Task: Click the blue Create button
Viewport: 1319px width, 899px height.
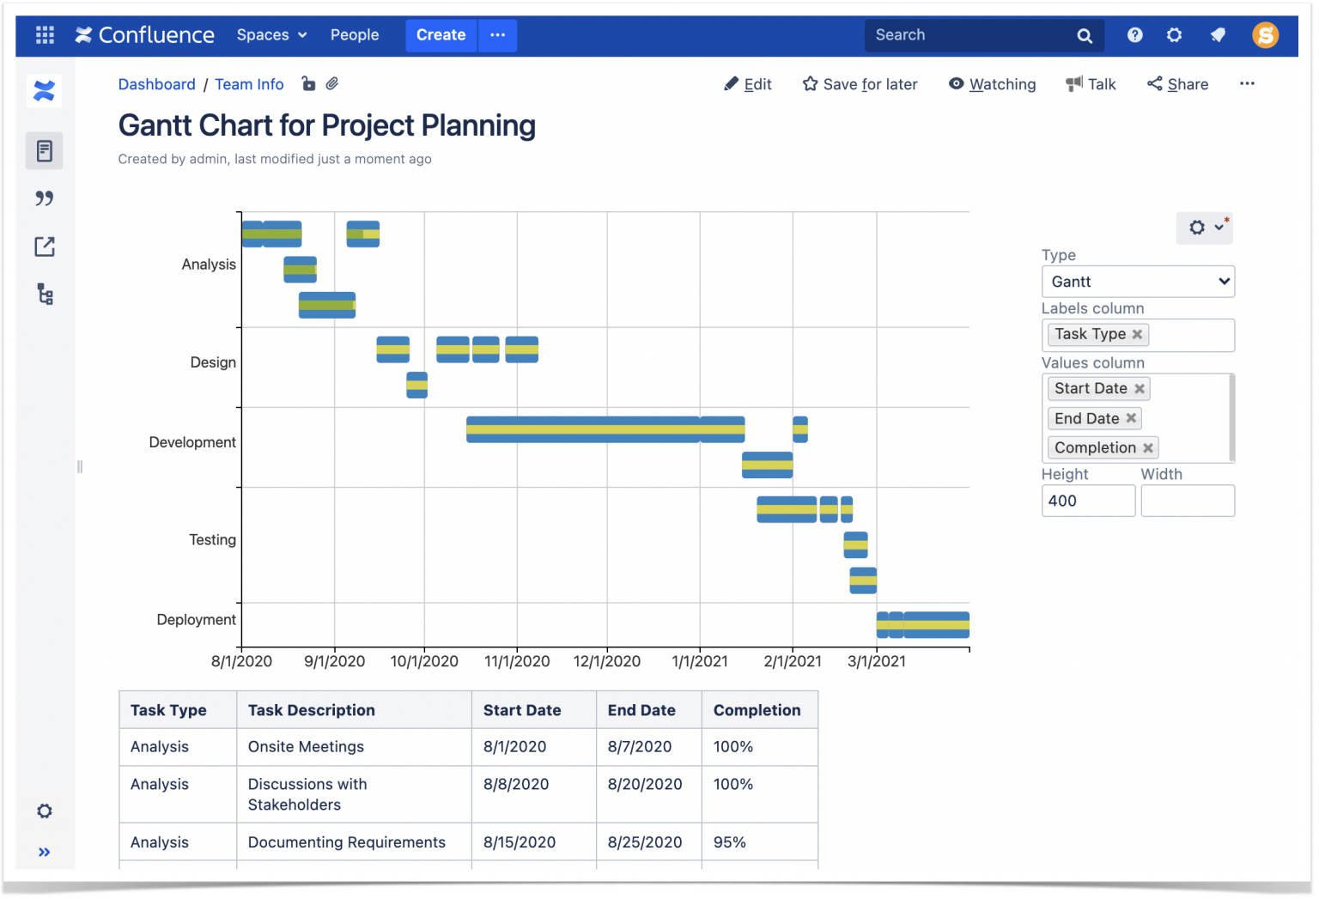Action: tap(441, 35)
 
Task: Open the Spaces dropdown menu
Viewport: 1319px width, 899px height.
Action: tap(271, 35)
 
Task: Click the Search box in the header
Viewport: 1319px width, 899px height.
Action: tap(970, 35)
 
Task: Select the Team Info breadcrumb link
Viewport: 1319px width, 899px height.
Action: tap(249, 84)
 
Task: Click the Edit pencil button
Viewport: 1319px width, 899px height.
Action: tap(748, 84)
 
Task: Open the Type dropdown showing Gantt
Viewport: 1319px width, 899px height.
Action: tap(1138, 282)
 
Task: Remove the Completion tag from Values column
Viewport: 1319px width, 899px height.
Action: tap(1148, 448)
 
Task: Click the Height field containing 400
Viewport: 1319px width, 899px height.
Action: tap(1087, 501)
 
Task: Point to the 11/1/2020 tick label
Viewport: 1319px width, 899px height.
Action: tap(517, 661)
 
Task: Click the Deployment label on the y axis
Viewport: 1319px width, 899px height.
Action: tap(196, 620)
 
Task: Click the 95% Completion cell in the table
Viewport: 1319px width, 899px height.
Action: tap(730, 842)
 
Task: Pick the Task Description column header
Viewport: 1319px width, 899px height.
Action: tap(312, 710)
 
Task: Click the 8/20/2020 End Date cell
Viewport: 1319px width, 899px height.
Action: tap(645, 784)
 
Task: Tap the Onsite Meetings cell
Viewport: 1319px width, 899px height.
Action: tap(306, 747)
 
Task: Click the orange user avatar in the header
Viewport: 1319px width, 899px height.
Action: tap(1265, 35)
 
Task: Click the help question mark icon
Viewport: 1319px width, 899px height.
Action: tap(1134, 35)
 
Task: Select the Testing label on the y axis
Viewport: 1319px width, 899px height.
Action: tap(212, 540)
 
